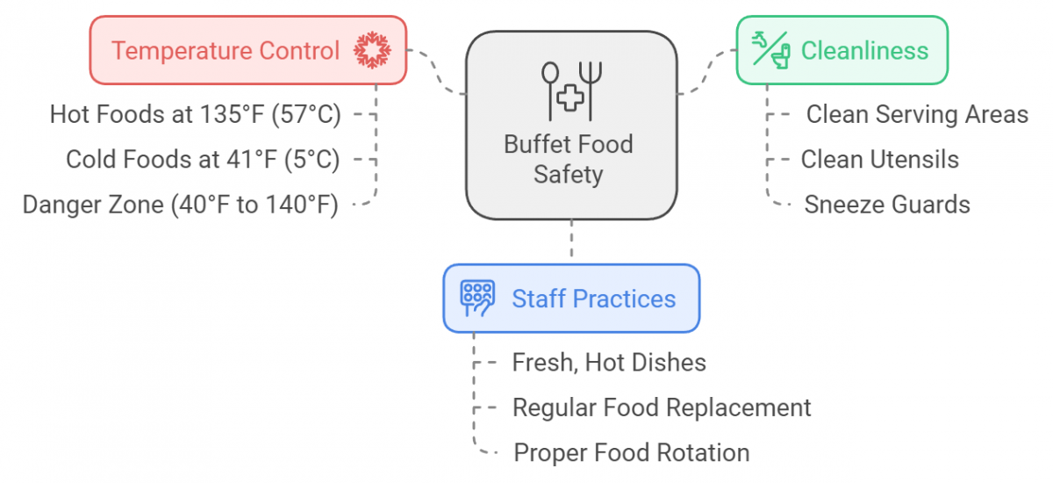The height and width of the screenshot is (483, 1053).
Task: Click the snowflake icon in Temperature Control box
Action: point(372,50)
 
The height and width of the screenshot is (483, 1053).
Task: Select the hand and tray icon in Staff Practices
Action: point(477,299)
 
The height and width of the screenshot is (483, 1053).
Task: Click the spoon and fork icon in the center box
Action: point(570,91)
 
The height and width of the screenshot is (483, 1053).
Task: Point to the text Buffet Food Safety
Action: point(569,159)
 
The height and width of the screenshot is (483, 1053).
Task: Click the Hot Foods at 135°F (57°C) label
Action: point(195,114)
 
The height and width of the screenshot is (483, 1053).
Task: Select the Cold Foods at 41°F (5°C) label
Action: point(203,160)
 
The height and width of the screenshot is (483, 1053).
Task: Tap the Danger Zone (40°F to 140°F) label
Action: point(181,205)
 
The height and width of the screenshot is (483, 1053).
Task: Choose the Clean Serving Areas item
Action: point(917,114)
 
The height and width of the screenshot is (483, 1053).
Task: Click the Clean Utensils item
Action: point(879,160)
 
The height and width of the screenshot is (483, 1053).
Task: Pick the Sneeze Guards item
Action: point(887,205)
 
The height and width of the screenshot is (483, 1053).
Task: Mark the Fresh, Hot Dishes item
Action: point(609,362)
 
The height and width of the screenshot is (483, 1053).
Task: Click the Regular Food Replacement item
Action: point(662,407)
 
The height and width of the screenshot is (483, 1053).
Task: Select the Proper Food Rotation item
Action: point(631,453)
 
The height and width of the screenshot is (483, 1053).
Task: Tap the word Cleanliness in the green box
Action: point(864,51)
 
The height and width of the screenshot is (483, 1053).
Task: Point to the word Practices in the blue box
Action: point(624,299)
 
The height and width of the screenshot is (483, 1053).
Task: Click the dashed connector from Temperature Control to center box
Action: point(436,72)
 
